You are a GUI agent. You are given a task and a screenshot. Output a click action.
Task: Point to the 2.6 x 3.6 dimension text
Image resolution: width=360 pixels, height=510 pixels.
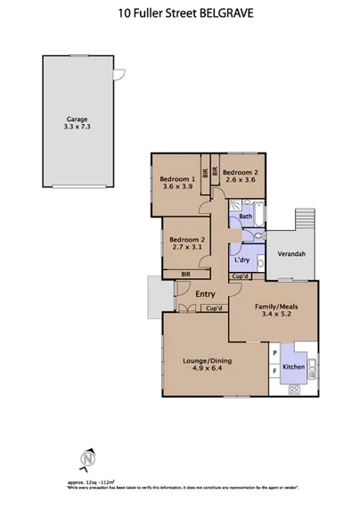[x=240, y=180]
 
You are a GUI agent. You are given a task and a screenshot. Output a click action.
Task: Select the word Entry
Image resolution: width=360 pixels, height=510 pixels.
[x=205, y=294]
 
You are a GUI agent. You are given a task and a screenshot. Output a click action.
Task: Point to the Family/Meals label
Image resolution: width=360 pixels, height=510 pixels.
[x=271, y=303]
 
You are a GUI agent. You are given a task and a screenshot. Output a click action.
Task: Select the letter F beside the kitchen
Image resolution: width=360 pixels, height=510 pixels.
[x=274, y=367]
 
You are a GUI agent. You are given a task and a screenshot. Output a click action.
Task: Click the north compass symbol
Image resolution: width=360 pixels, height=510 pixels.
[x=87, y=459]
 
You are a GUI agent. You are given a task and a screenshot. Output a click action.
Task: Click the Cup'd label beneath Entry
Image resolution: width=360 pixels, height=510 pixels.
[x=213, y=308]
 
